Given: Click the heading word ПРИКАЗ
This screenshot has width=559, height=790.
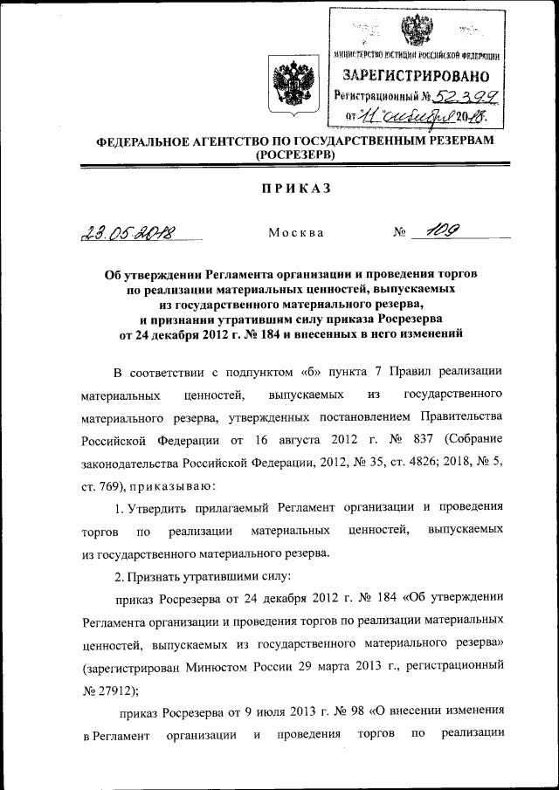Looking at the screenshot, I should [279, 190].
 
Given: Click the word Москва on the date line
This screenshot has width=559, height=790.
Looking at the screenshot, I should [296, 233].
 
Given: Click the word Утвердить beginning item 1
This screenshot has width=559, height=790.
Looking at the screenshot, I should [171, 507].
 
